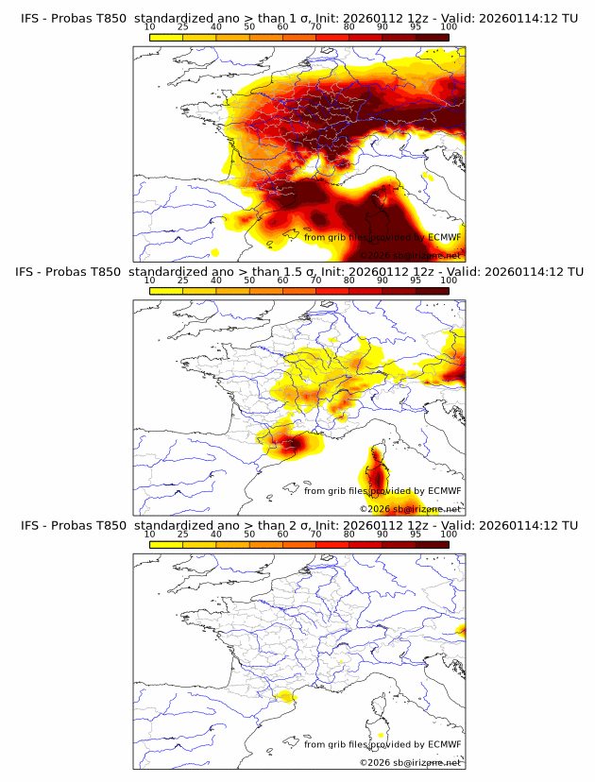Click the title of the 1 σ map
click(298, 17)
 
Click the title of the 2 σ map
click(298, 525)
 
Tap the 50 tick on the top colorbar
click(249, 26)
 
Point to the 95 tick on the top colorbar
click(416, 26)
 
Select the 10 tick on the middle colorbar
click(149, 280)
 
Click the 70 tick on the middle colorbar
click(315, 280)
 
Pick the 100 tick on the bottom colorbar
click(449, 535)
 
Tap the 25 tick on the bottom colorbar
click(182, 535)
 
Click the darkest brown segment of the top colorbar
click(432, 37)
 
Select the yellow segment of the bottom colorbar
click(165, 545)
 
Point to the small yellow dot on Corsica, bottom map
click(381, 734)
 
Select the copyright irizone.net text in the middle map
click(410, 508)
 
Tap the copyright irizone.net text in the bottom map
click(410, 762)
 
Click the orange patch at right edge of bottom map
click(461, 630)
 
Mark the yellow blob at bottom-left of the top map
click(215, 252)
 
